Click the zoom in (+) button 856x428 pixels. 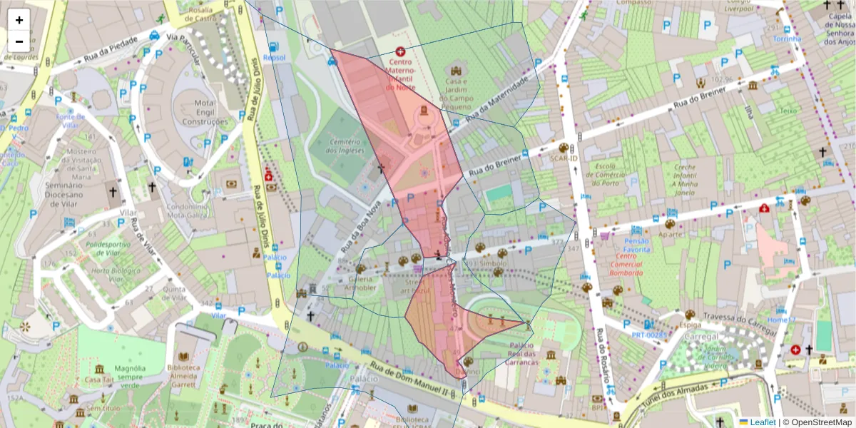(19, 20)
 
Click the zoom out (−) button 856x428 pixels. (19, 41)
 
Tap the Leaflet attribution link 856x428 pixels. (763, 422)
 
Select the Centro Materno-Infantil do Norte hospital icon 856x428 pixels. (400, 52)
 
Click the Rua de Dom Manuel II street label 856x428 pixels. (413, 381)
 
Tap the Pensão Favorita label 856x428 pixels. (637, 245)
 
